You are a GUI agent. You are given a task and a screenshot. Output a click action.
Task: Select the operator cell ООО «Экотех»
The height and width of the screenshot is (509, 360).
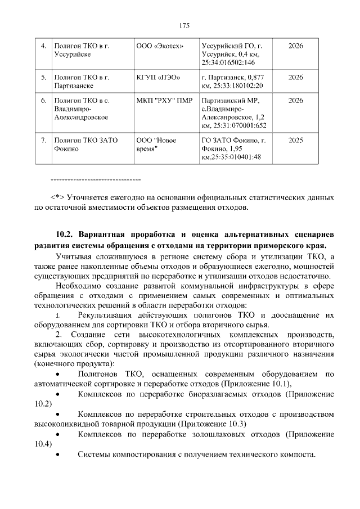[x=160, y=46]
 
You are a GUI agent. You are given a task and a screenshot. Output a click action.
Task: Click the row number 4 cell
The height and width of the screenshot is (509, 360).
[x=43, y=46]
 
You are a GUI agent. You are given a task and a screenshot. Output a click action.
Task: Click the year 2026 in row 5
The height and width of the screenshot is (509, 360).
[x=295, y=76]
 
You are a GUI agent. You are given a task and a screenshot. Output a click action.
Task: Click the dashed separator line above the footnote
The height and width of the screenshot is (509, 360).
[x=95, y=179]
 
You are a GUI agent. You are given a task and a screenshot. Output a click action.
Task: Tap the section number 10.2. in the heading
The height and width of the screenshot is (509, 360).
[x=66, y=233]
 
